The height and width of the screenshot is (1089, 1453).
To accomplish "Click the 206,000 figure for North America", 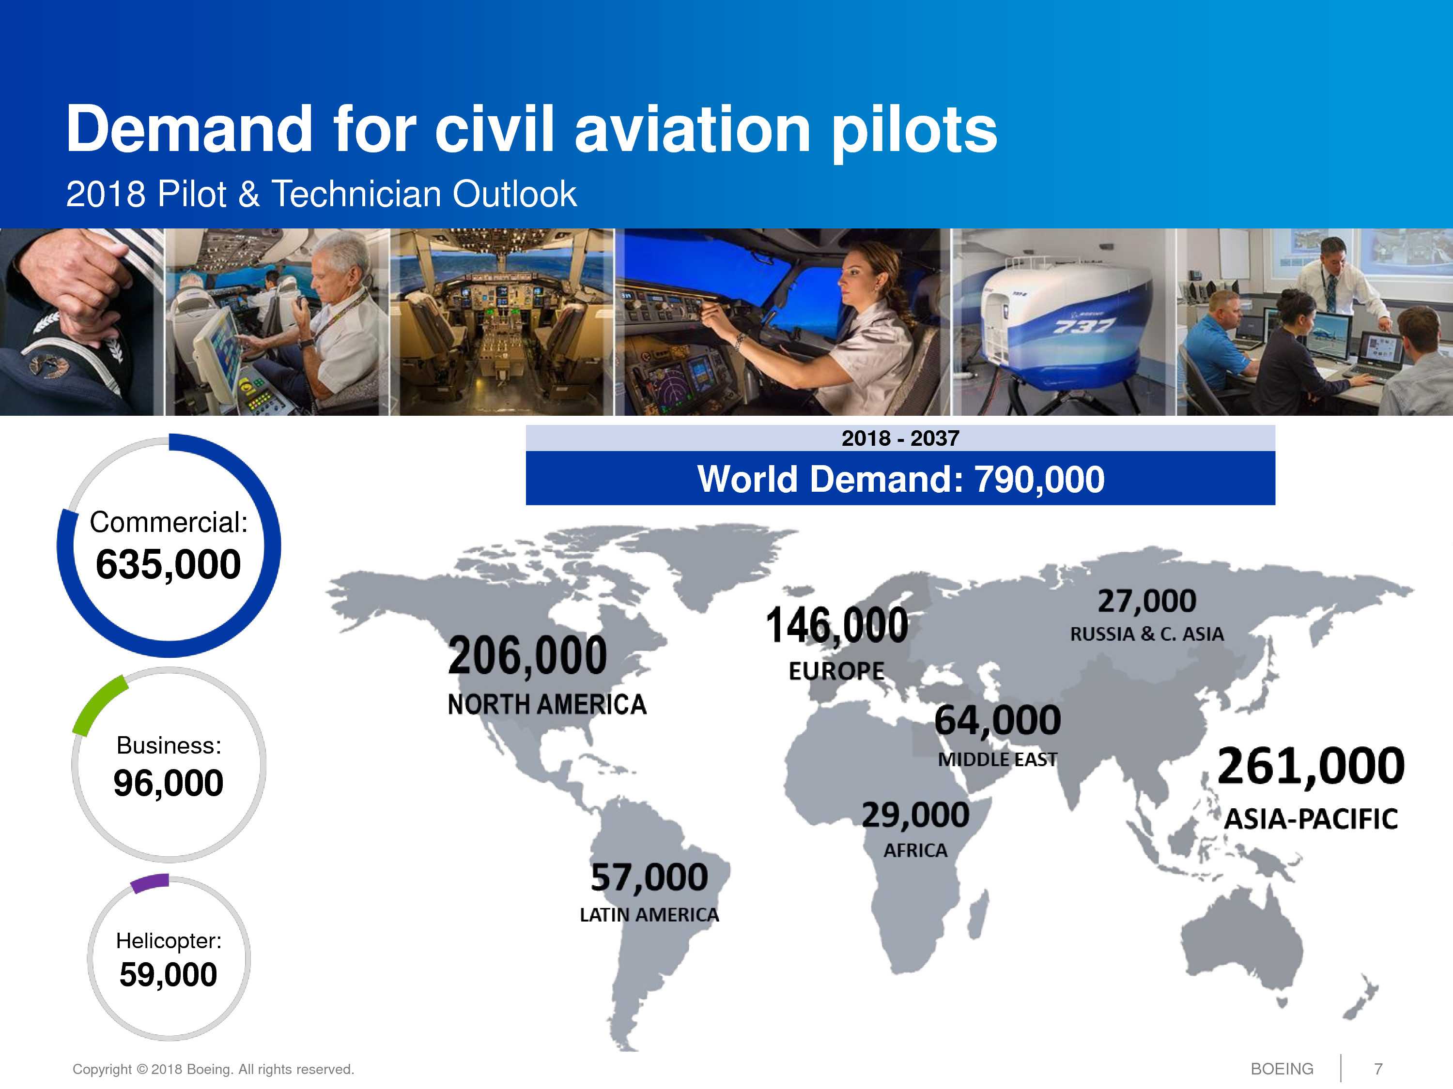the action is (527, 656).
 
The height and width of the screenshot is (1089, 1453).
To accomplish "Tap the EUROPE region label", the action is (836, 671).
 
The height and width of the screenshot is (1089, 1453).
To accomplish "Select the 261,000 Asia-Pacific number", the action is (1311, 766).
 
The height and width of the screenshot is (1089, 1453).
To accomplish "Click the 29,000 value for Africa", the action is (915, 815).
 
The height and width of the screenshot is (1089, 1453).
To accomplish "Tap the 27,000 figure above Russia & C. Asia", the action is (1146, 601).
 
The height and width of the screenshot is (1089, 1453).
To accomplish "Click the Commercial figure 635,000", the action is (168, 564).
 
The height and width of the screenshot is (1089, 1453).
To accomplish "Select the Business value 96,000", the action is (168, 783).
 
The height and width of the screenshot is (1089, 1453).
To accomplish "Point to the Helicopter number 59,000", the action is (168, 974).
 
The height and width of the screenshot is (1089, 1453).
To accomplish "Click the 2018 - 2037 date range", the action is (900, 438).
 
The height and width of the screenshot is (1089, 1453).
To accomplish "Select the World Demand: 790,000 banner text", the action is (900, 479).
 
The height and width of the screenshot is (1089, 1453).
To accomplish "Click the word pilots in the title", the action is (914, 131).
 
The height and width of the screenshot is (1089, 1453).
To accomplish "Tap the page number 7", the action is (1377, 1069).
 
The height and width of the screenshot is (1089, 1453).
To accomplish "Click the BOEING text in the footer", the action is (1282, 1069).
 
